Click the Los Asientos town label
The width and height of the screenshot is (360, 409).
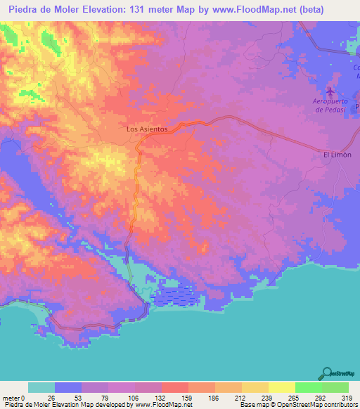click(146, 129)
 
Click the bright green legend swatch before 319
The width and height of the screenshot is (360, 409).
click(335, 387)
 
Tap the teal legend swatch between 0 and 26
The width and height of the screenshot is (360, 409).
click(41, 387)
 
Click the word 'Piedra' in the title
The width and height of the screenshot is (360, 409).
click(24, 10)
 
